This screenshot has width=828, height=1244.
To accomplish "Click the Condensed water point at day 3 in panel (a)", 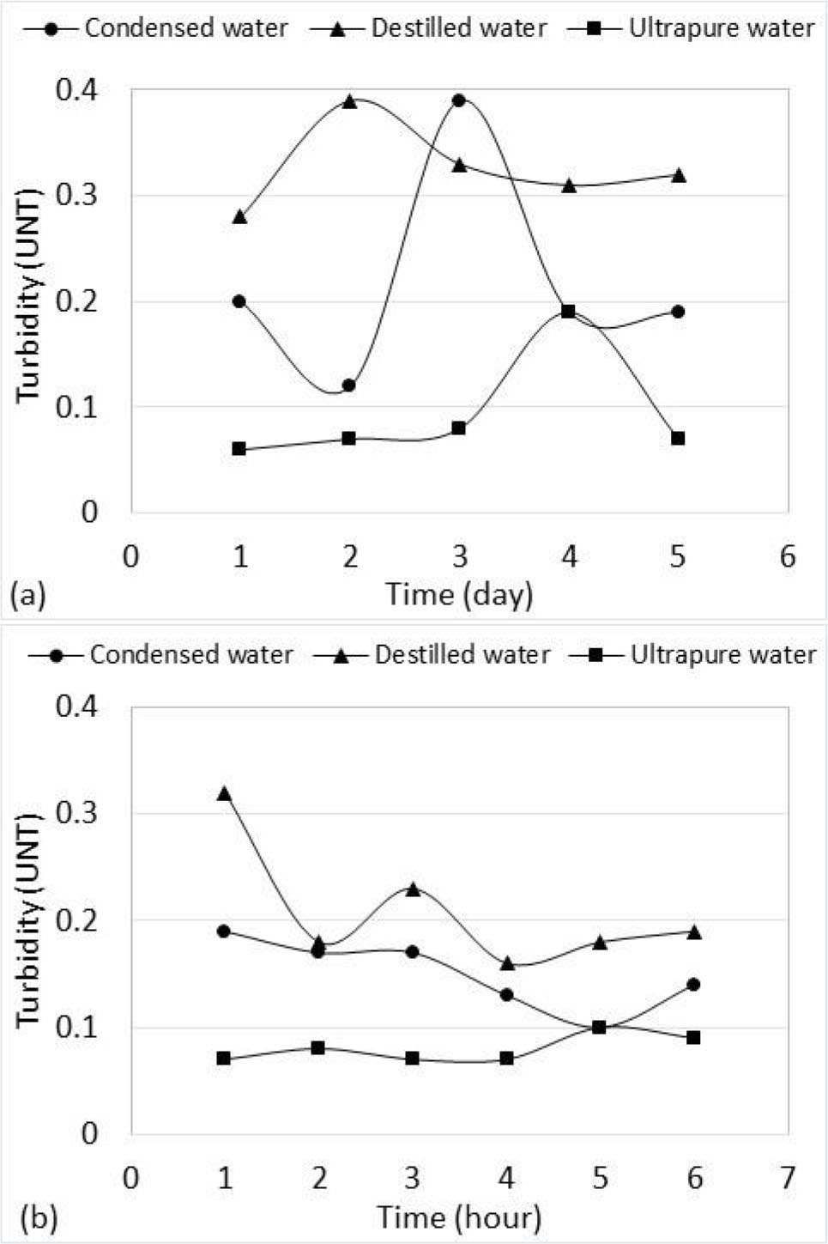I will tap(459, 100).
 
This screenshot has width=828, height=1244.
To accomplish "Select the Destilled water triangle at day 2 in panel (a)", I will tap(349, 101).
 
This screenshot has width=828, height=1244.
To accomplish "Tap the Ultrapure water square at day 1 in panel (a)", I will tap(239, 449).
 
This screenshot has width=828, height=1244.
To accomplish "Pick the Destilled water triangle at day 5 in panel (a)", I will tap(678, 175).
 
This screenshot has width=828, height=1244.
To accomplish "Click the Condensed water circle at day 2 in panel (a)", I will tap(349, 385).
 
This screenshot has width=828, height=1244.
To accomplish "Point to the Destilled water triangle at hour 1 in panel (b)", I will tap(224, 793).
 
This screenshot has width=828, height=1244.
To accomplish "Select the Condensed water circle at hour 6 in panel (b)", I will tap(693, 984).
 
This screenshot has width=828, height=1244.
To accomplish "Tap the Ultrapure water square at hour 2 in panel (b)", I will tap(318, 1048).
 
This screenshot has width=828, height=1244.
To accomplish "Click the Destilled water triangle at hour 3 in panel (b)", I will tap(412, 889).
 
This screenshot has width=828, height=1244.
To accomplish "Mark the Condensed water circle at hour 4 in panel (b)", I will tap(506, 995).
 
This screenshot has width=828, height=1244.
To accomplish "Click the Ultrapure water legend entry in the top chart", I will tap(691, 28).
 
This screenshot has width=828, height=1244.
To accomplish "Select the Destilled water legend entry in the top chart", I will tap(428, 28).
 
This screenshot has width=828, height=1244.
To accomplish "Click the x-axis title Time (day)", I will tap(459, 594).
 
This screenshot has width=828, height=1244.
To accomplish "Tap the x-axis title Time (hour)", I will tap(459, 1217).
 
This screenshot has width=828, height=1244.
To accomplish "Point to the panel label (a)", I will tap(27, 595).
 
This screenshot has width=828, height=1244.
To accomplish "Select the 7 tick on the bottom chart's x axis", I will tap(788, 1177).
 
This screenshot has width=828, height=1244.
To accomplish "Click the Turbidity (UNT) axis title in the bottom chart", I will tap(30, 918).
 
